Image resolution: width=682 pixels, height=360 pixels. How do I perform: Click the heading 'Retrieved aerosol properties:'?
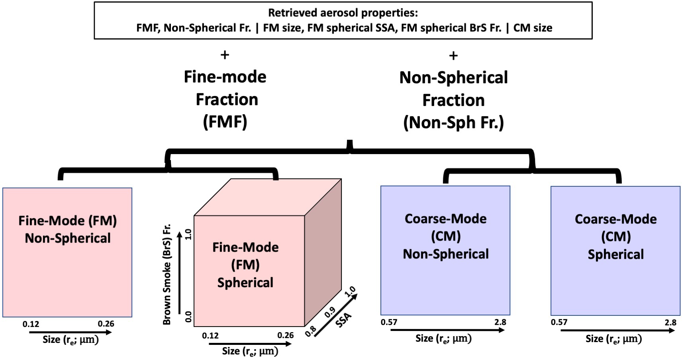coord(343,13)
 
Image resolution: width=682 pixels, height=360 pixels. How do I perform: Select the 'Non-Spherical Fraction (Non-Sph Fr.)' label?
coord(453,100)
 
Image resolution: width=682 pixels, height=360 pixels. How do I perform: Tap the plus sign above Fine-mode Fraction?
coord(225,55)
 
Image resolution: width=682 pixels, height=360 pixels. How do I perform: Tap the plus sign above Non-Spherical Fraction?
coord(453,55)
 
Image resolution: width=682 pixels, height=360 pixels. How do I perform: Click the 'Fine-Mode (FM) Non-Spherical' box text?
coord(67,229)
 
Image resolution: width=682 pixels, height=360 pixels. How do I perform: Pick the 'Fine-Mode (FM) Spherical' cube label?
coord(245,264)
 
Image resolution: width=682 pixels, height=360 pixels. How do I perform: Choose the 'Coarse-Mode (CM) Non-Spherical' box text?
coord(445,236)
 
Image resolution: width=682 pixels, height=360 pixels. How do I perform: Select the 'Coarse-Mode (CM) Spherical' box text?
coord(615,237)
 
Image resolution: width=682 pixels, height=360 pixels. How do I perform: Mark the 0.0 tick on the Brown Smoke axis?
coord(188,317)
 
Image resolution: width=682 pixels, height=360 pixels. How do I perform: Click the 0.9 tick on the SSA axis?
coord(330,312)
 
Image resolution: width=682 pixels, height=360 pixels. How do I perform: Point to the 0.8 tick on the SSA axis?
coord(311,331)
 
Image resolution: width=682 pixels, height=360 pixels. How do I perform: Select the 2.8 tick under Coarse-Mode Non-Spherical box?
coord(500,322)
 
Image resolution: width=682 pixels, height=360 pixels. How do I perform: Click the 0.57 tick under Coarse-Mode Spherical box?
coord(559,322)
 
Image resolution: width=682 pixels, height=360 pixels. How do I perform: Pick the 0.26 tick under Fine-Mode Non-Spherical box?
coord(106,323)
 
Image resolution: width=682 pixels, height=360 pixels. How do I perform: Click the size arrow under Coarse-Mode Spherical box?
coord(617,331)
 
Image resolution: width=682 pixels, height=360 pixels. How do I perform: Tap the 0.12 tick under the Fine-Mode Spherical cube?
coord(210,335)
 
